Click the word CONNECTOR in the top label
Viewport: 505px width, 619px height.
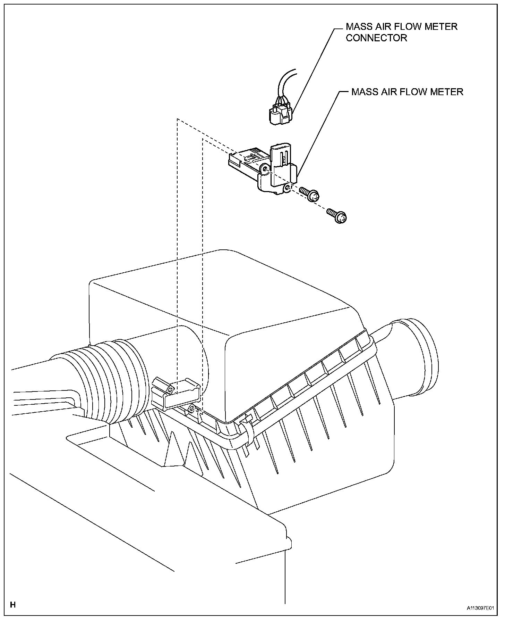click(x=376, y=38)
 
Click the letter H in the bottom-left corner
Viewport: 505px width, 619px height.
click(x=13, y=605)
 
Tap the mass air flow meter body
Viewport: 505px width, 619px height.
click(x=277, y=170)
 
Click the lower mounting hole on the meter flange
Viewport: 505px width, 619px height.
click(x=287, y=188)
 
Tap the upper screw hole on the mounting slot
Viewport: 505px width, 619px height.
click(x=170, y=390)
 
